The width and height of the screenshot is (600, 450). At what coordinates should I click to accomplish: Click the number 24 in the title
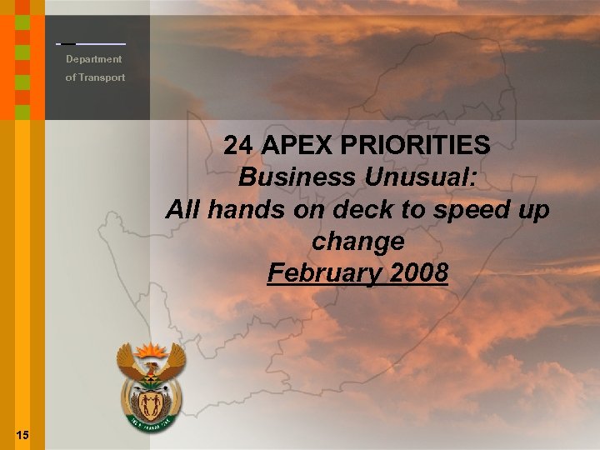238,146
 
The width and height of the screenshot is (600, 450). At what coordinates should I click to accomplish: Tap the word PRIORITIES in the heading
417,146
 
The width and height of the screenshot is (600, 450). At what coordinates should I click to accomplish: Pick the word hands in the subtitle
242,209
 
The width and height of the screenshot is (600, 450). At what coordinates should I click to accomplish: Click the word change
357,242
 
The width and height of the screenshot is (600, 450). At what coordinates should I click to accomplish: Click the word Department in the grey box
94,59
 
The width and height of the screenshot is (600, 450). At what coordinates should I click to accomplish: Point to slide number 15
22,434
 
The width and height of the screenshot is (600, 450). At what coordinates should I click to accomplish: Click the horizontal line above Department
92,42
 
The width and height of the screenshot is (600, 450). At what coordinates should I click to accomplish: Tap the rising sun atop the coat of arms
151,350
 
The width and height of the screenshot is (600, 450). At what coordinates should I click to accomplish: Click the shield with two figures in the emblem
151,404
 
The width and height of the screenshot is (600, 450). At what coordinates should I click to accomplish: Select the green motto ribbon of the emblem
151,426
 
